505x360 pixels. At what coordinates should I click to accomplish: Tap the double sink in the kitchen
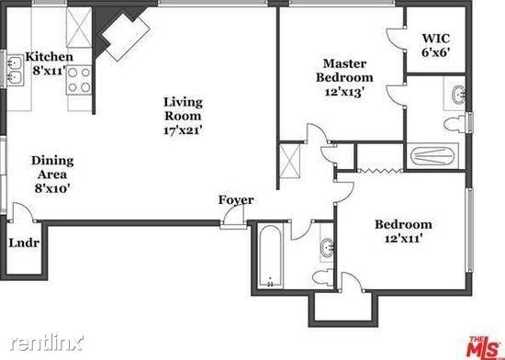[16, 64]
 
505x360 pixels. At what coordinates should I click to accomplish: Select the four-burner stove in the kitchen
[79, 80]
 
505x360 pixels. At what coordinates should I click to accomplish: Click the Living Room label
[182, 116]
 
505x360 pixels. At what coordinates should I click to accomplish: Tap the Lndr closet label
[22, 243]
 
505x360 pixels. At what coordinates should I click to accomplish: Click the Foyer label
[236, 200]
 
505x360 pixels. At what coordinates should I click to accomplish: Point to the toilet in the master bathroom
[452, 124]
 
